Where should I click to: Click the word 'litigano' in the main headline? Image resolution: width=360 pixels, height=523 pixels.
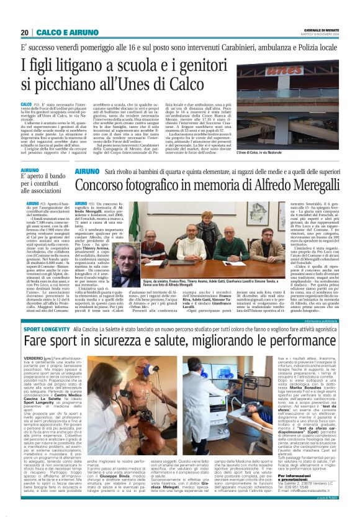coord(84,65)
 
